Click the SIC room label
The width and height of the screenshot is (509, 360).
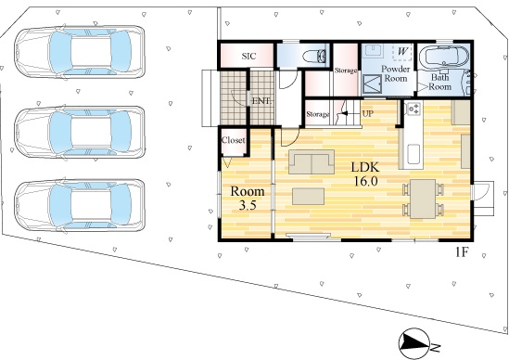248,57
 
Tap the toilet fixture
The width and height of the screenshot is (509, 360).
314,57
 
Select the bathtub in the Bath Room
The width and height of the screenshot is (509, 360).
444,57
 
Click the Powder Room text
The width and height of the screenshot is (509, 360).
395,73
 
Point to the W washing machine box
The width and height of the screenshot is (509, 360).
402,52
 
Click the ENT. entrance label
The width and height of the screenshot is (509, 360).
261,101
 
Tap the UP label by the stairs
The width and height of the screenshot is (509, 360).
367,114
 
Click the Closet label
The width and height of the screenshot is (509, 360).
233,140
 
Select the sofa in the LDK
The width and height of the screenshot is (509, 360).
312,161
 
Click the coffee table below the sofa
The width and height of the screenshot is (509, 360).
308,197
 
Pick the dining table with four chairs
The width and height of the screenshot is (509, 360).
423,199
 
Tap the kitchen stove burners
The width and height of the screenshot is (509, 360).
414,109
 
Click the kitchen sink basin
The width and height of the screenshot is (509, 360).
414,155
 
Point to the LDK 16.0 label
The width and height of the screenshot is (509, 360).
365,174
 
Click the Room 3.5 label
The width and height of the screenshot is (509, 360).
248,198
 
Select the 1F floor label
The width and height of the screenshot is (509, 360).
462,251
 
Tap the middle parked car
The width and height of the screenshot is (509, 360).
80,133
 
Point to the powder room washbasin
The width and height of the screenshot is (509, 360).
374,51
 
